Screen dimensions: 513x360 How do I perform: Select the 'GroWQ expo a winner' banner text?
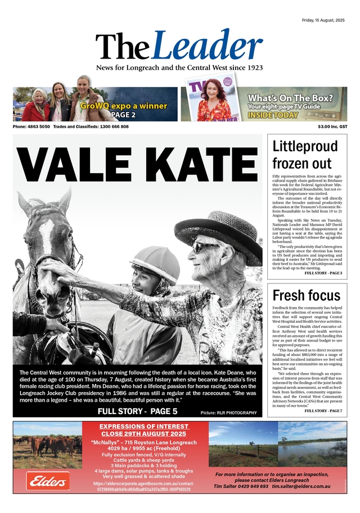[123, 105]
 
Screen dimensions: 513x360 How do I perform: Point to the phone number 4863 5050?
[40, 127]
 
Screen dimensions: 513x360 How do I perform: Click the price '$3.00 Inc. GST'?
[332, 127]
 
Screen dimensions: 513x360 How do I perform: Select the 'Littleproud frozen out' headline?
[305, 155]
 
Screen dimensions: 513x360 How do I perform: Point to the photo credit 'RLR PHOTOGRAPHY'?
[239, 413]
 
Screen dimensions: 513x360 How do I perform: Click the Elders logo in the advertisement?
[48, 481]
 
